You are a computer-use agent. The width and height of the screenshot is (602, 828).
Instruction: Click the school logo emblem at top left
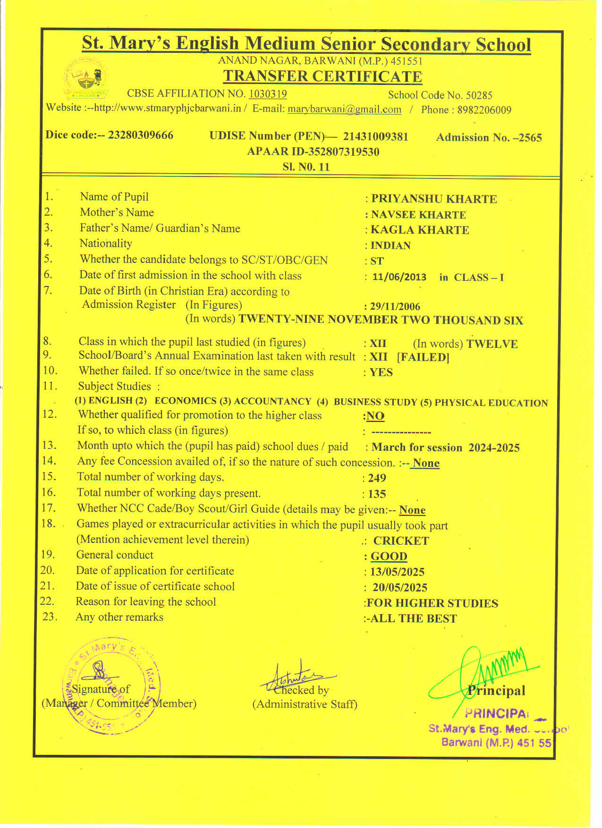click(x=86, y=78)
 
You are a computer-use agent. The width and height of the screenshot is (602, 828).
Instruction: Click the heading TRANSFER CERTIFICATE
click(x=322, y=76)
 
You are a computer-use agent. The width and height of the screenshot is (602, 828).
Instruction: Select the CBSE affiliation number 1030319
click(x=268, y=94)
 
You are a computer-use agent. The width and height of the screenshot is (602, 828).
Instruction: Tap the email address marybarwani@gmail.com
click(x=344, y=110)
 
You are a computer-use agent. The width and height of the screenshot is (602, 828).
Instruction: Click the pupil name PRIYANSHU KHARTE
click(x=433, y=199)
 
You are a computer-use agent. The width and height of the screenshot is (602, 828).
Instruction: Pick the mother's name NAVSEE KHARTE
click(x=418, y=215)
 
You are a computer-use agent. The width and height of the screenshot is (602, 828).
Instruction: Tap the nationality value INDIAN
click(x=390, y=245)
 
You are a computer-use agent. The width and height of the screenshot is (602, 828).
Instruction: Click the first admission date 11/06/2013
click(x=399, y=277)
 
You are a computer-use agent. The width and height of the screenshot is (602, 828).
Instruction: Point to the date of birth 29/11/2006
click(x=395, y=306)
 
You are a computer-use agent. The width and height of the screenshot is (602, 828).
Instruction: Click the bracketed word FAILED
click(x=423, y=357)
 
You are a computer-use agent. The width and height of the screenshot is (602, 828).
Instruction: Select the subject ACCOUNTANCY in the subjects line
click(x=272, y=401)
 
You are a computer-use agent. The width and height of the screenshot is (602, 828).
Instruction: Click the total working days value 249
click(x=377, y=478)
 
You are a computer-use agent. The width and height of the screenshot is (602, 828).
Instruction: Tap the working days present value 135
click(x=377, y=494)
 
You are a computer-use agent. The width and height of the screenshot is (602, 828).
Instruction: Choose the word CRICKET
click(x=401, y=541)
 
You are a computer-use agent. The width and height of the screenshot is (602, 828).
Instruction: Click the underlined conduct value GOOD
click(x=389, y=557)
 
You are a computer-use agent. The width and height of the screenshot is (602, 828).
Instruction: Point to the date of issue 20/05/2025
click(x=399, y=588)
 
